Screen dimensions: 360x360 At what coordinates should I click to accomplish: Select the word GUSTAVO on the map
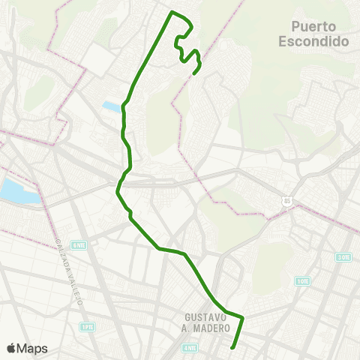point(200,316)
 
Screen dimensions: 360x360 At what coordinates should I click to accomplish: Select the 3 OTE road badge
point(343,256)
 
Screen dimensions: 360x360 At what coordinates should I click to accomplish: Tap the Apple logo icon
point(12,348)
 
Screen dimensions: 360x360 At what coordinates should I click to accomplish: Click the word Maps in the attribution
point(34,348)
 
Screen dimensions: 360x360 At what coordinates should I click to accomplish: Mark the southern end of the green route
point(232,347)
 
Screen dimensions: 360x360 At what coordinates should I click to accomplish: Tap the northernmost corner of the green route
point(173,12)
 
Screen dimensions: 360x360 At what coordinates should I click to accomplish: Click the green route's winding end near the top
point(195,73)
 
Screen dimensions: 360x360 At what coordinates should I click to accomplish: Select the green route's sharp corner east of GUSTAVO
point(244,318)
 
